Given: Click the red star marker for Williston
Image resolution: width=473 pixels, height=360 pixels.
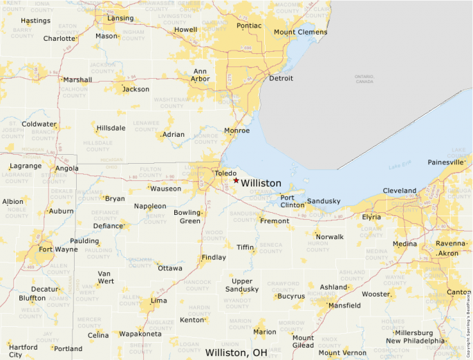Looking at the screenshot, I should coord(236,180).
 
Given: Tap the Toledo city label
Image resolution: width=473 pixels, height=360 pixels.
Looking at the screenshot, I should coord(225,173).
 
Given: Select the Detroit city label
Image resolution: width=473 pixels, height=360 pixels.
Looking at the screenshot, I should coord(281,79).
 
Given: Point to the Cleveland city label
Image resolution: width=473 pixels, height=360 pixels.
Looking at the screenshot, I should coord(400,191).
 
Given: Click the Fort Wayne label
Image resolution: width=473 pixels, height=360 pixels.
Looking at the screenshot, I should coord(58,249).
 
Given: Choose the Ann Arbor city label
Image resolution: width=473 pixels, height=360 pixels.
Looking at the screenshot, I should coord(201,75).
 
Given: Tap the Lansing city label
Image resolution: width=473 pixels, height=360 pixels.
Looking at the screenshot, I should coord(120,18).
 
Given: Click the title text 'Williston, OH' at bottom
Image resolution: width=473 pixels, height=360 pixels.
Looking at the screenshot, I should coord(236,352).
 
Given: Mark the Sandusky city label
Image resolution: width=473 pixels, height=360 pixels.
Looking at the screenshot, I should coord(324,201).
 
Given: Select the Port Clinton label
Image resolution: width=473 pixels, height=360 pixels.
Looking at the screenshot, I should coord(292,201).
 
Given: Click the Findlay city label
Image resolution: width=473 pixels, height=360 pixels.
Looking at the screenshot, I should coord(213,258).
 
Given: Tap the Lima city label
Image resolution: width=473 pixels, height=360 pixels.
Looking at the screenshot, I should coord(158,301).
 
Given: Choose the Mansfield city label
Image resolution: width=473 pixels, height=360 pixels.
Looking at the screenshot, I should coord(344,305).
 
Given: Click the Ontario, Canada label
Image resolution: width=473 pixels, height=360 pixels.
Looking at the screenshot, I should coord(364,79).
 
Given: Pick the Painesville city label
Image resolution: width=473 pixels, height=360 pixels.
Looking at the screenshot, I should coord(446,162).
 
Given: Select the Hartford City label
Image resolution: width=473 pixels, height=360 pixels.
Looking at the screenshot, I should coord(24,351).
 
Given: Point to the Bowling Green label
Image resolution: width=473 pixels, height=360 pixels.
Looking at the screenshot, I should coord(187,216).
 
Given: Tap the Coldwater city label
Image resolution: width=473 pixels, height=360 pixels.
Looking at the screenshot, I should coord(39,124).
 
